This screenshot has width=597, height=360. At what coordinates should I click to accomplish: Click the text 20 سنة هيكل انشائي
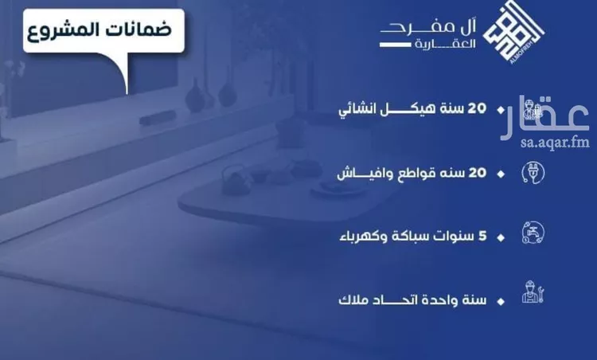pyautogui.click(x=420, y=109)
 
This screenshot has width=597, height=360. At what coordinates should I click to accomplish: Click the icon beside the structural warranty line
pyautogui.click(x=532, y=111)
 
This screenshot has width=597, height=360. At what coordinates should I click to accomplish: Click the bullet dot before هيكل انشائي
pyautogui.click(x=500, y=110)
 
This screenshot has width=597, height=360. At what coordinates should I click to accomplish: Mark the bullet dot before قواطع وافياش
pyautogui.click(x=500, y=173)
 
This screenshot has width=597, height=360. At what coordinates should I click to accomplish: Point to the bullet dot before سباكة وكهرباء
pyautogui.click(x=500, y=237)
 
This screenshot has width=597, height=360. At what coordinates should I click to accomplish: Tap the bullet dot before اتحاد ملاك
pyautogui.click(x=500, y=302)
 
